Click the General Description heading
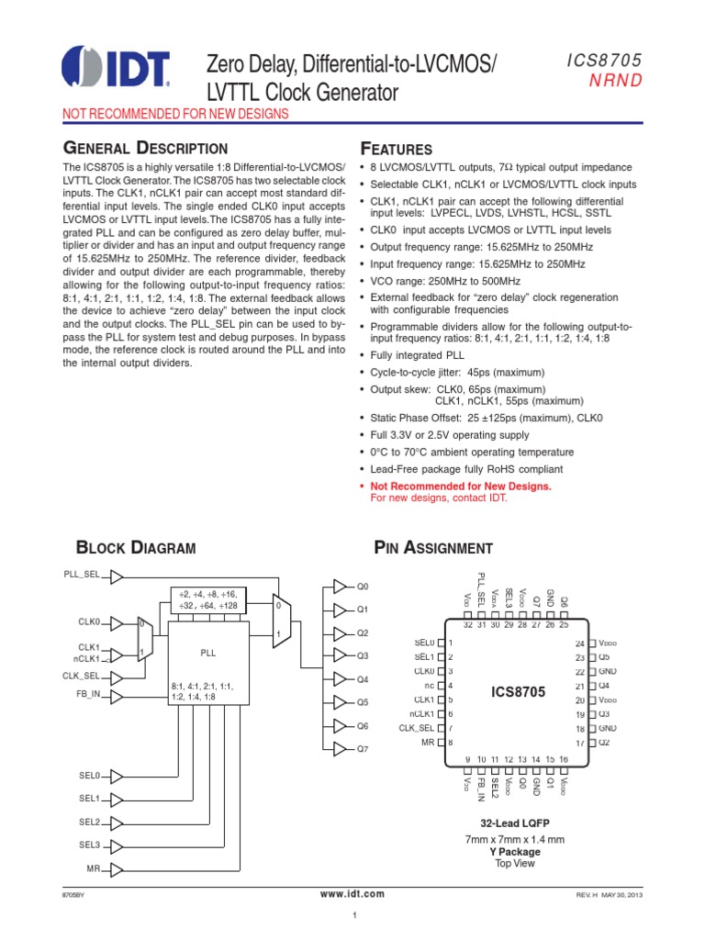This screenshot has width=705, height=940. click(144, 148)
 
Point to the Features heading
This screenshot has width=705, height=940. click(396, 149)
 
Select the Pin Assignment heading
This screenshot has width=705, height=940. click(433, 548)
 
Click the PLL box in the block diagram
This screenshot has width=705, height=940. click(207, 653)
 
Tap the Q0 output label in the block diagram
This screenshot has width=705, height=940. click(362, 586)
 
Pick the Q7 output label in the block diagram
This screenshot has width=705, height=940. click(362, 749)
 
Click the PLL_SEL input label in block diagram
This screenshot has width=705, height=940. click(82, 575)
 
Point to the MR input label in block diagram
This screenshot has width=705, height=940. click(93, 868)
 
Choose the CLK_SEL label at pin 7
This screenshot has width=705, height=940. click(415, 727)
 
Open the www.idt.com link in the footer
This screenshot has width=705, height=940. click(352, 894)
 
